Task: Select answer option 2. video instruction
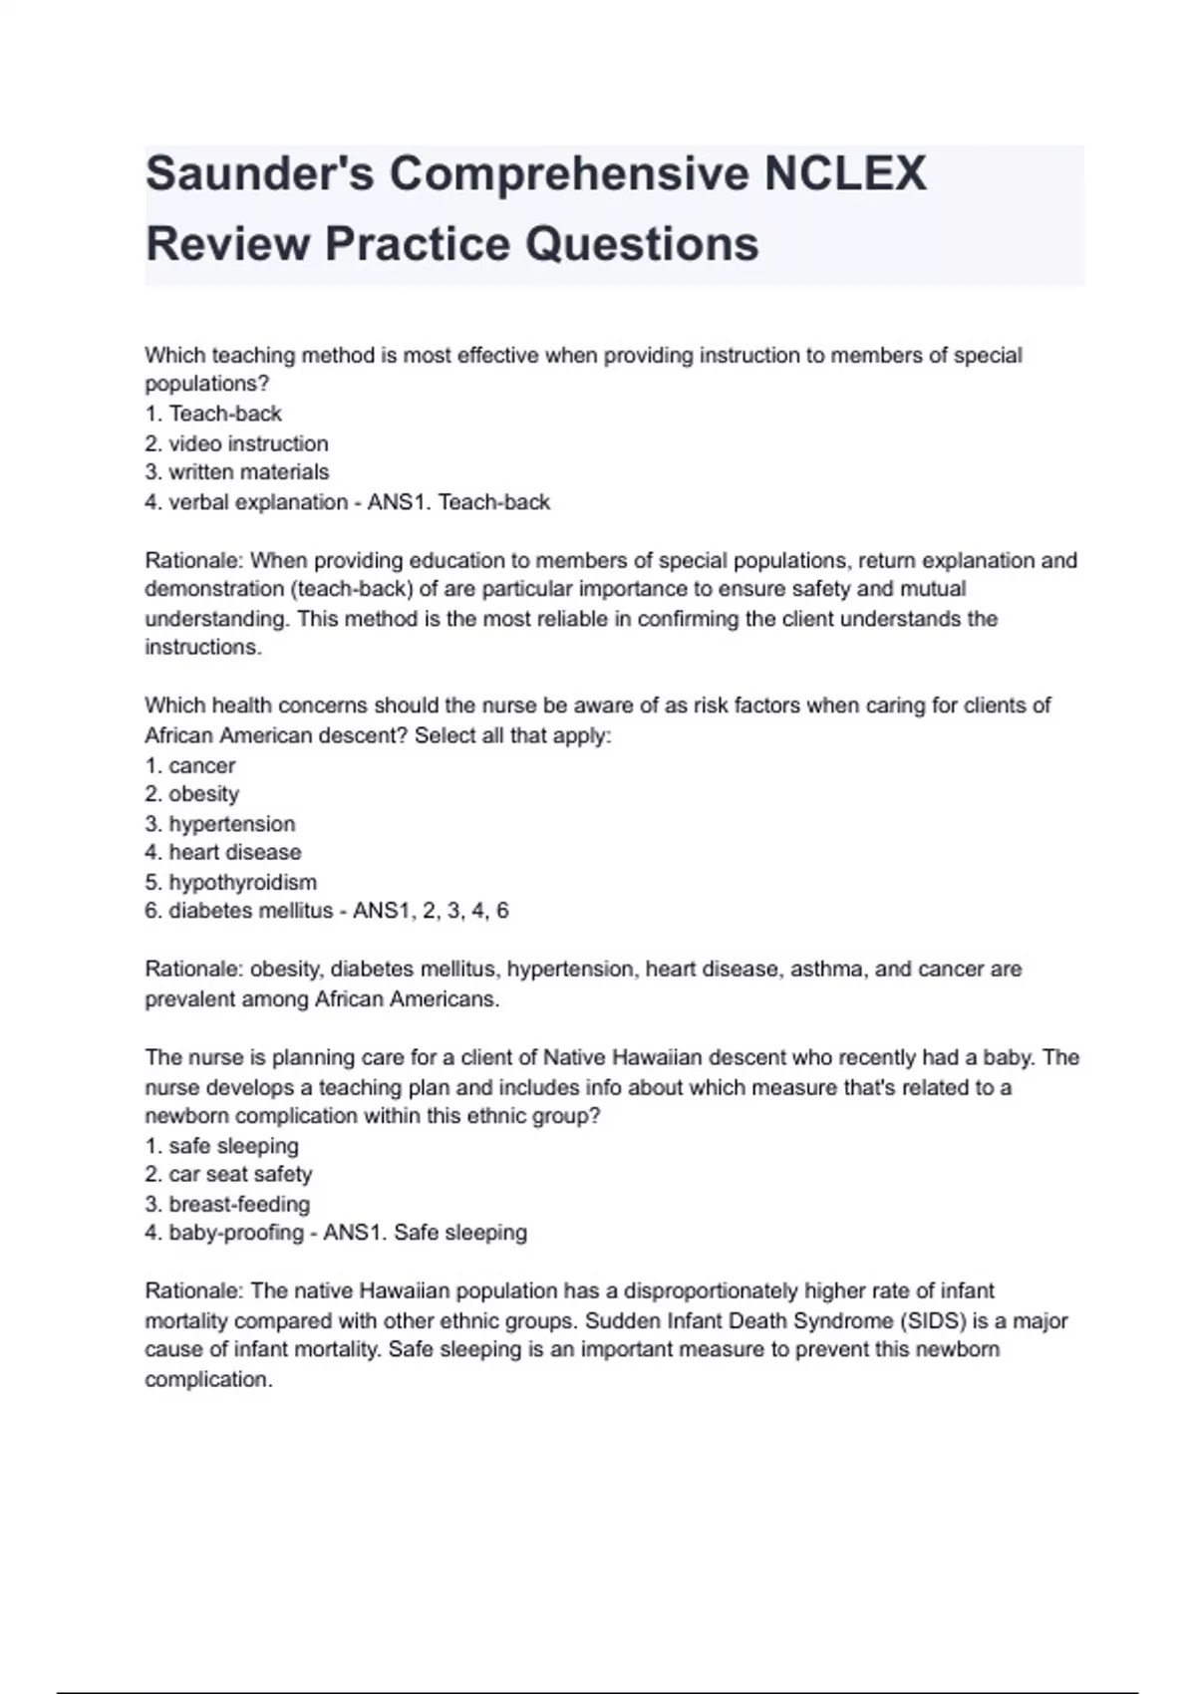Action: [236, 443]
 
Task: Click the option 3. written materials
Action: [236, 472]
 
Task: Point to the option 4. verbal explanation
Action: [246, 502]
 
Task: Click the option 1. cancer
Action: [190, 765]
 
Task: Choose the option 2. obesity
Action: [191, 794]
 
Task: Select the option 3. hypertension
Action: [219, 824]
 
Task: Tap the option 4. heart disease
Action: [222, 853]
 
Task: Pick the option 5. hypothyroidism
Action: [230, 882]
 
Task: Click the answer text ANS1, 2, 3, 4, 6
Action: [431, 911]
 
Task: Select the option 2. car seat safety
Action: [228, 1175]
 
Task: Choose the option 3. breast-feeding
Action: [227, 1204]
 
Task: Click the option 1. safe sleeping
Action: [221, 1146]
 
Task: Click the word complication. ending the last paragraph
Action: [208, 1380]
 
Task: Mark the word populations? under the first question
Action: [207, 385]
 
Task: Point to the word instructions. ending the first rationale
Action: [203, 648]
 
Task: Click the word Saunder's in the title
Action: [260, 174]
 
